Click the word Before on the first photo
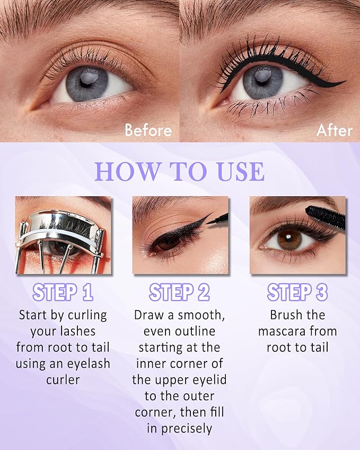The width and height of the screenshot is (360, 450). (148, 130)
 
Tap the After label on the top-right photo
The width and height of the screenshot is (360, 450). (334, 130)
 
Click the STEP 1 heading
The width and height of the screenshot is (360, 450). (63, 292)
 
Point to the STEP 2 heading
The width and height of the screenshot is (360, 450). (180, 292)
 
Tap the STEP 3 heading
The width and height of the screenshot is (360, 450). (297, 292)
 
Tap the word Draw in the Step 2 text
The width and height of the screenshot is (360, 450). (150, 315)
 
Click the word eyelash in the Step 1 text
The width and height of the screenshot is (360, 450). (89, 364)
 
